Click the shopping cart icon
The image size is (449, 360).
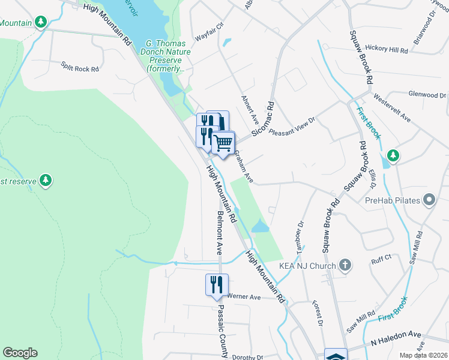coord(223,143)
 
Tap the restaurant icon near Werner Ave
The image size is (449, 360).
coord(217,284)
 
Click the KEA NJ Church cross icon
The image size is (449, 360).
coord(345,265)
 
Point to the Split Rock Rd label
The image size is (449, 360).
coord(79,69)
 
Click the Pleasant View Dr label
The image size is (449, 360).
coord(292,125)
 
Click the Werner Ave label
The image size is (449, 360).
coord(243,297)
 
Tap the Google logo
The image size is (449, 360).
coord(20,353)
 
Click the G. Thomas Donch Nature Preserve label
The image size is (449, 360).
coord(169,56)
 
